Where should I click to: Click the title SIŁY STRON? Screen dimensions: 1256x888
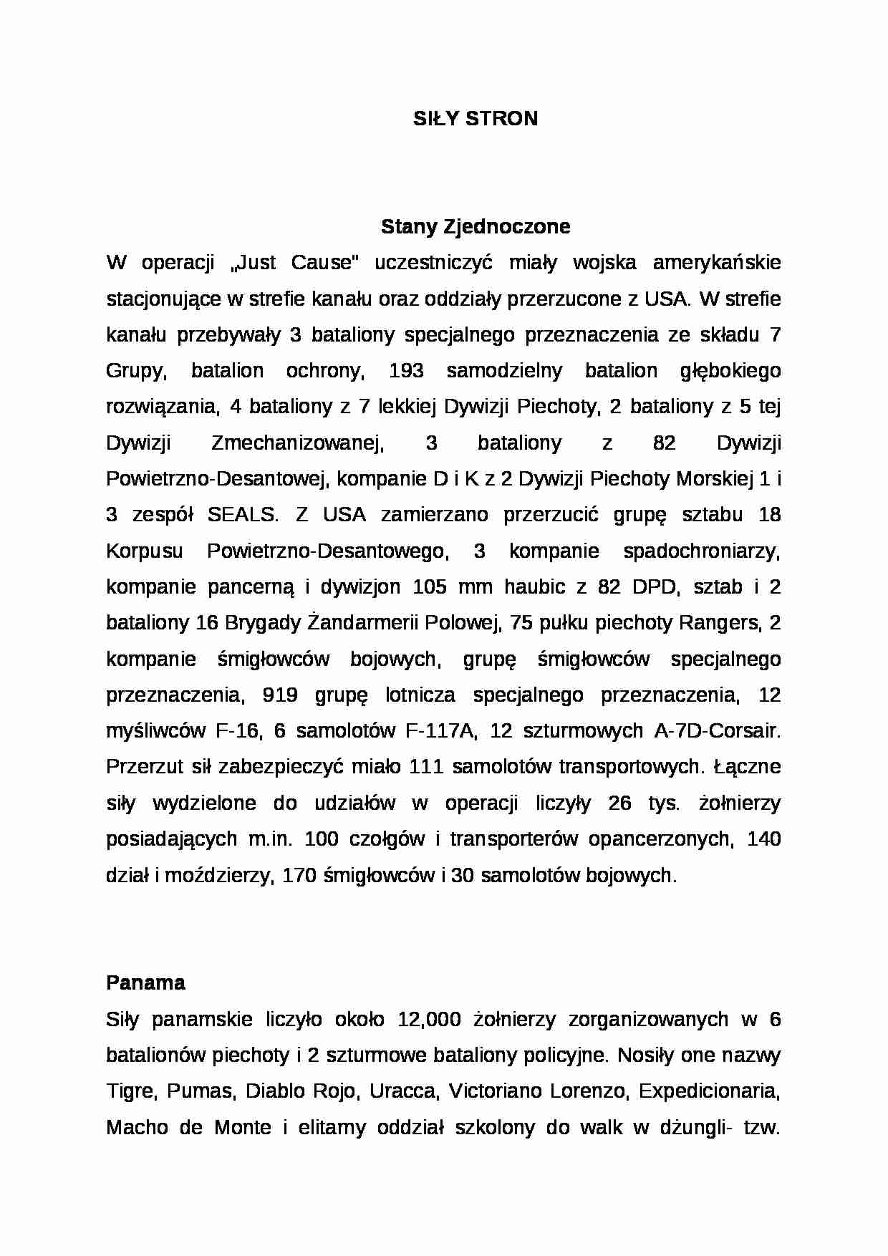(475, 119)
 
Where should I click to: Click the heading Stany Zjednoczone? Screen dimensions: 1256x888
(475, 227)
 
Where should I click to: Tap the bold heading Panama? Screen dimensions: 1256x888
(145, 982)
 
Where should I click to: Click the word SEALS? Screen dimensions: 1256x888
(241, 515)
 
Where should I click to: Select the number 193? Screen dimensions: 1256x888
(406, 371)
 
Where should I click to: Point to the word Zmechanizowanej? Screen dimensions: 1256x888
(297, 443)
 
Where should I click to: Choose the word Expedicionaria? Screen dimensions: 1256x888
(707, 1091)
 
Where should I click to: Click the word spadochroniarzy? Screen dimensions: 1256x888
(700, 551)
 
